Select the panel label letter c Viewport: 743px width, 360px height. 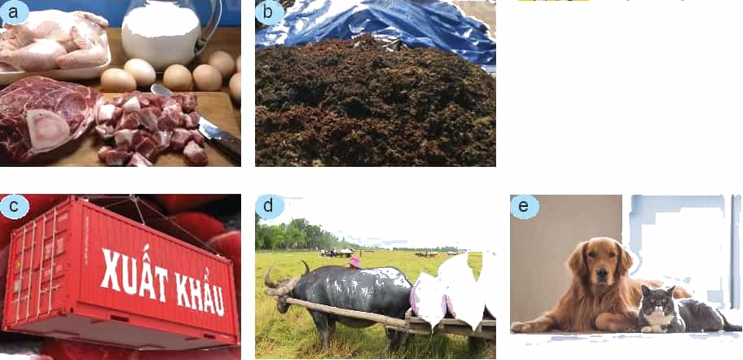click(13, 206)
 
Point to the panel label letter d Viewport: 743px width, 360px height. click(268, 207)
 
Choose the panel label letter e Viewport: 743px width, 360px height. click(523, 207)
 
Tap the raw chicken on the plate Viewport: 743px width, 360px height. click(55, 40)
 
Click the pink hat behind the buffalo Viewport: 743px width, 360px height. click(354, 261)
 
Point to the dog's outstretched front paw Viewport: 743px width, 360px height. click(529, 327)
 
